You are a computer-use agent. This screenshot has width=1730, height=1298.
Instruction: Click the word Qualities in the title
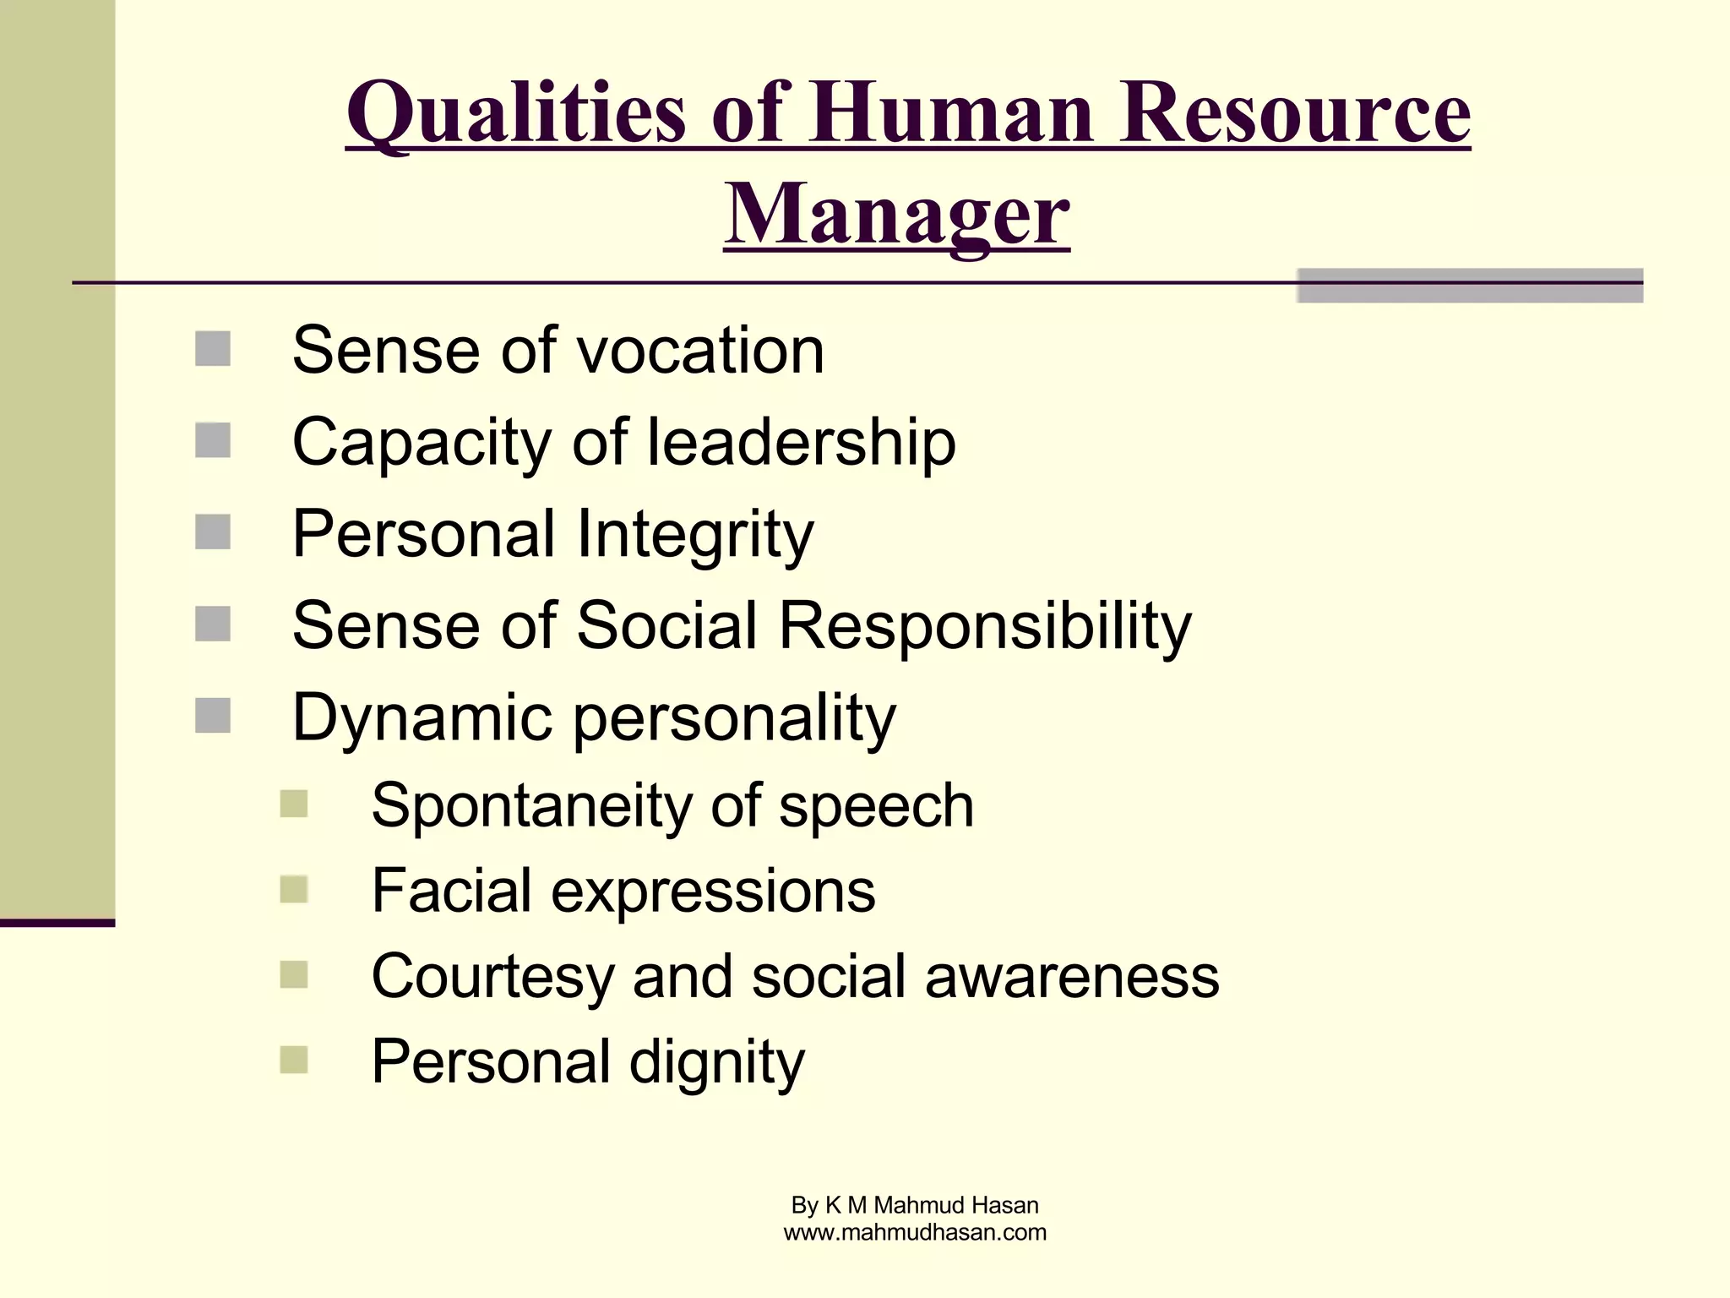[x=516, y=114]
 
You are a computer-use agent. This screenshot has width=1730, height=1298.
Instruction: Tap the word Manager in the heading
[x=896, y=215]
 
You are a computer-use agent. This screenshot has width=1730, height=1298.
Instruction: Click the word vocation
[x=704, y=351]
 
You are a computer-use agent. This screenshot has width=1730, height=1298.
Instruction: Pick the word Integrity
[x=694, y=535]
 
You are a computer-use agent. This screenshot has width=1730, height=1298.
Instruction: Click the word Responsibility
[x=984, y=626]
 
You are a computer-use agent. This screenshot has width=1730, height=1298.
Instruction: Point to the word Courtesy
[x=492, y=977]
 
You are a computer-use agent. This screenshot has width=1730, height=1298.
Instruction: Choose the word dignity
[x=716, y=1063]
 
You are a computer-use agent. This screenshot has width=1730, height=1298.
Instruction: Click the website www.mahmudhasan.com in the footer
[x=915, y=1233]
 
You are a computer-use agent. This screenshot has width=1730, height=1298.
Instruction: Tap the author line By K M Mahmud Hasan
[x=915, y=1205]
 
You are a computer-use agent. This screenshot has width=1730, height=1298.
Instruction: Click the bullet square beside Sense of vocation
[x=213, y=349]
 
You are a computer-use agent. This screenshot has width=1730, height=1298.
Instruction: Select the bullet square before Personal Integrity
[x=213, y=532]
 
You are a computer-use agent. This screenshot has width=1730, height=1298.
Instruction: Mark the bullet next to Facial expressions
[x=294, y=889]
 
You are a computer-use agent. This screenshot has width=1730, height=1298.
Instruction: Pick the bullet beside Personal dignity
[x=294, y=1060]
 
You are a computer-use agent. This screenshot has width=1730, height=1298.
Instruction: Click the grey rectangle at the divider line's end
[x=1470, y=286]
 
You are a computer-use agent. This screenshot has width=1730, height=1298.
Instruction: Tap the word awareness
[x=1072, y=977]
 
